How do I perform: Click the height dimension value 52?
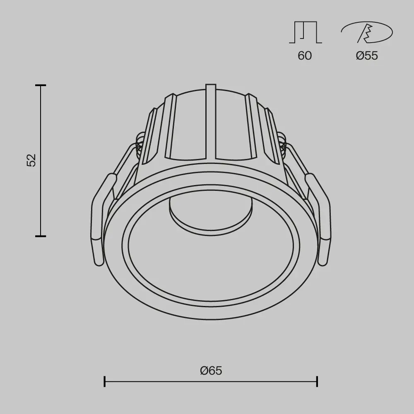(32, 160)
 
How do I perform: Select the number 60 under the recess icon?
(305, 55)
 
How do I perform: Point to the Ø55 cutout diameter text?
(367, 55)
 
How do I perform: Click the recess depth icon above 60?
(305, 33)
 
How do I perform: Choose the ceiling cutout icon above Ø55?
(366, 33)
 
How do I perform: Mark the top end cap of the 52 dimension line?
(40, 85)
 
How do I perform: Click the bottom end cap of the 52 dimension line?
(40, 236)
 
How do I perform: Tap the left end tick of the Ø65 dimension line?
(104, 381)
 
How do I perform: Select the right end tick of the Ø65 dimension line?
(317, 381)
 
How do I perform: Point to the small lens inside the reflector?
(210, 215)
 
